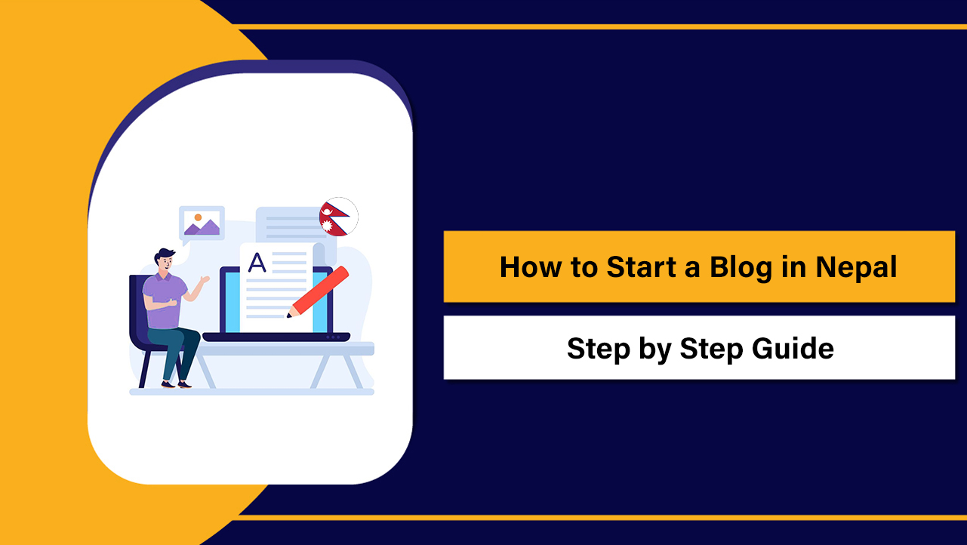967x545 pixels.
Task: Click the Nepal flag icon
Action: coord(338,217)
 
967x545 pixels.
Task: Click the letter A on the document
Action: coord(257,263)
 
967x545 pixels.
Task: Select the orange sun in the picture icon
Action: coord(198,217)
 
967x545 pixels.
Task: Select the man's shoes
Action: coord(176,384)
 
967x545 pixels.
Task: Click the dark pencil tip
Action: coord(288,315)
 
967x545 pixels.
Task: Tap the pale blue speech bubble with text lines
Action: coord(283,223)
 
